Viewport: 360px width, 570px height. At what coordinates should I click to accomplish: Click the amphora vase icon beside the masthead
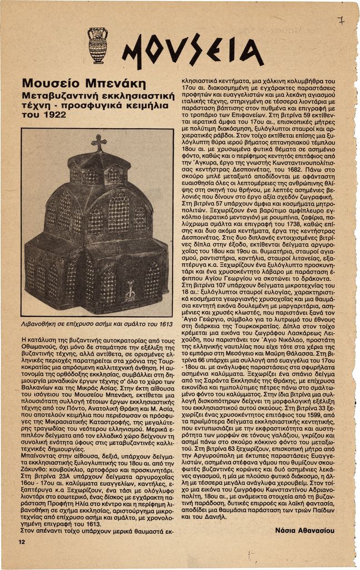[98, 45]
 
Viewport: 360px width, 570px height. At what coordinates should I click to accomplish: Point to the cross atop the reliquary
[99, 142]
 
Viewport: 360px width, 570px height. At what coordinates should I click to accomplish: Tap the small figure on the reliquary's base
[130, 290]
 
